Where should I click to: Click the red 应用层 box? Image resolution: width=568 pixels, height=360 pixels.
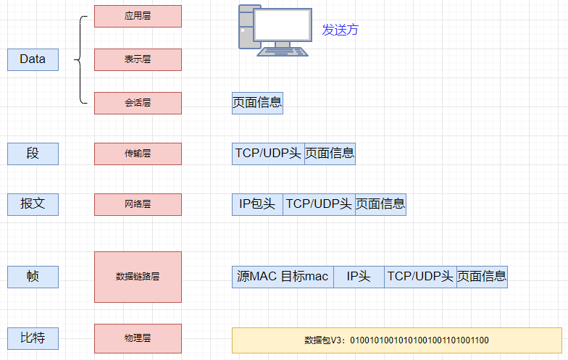138,16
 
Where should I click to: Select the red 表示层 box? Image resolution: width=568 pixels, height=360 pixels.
138,59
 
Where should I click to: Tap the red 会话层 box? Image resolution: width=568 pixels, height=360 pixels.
138,103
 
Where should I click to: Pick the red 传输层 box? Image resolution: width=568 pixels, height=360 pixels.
138,154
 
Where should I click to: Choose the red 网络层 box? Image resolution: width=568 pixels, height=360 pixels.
138,204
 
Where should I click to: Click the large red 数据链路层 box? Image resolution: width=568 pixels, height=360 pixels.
138,277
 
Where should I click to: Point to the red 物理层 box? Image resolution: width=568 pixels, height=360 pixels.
138,338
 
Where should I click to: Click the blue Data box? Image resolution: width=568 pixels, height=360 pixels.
33,59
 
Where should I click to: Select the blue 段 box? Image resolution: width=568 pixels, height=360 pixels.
33,154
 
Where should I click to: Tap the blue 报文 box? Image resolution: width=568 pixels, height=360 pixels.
33,204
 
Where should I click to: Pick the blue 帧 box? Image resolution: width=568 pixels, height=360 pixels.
33,277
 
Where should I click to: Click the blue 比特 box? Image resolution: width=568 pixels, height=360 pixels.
33,338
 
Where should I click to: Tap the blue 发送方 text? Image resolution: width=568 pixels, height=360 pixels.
341,30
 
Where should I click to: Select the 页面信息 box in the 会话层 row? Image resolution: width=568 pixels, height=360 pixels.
257,103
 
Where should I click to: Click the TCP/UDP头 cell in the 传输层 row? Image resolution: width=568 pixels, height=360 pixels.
268,154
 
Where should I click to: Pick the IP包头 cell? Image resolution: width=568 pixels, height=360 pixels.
257,204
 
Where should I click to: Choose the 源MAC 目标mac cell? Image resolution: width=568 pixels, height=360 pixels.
283,277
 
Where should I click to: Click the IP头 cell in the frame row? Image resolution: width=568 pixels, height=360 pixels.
359,277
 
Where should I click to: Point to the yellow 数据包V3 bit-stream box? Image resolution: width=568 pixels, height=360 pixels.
396,340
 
